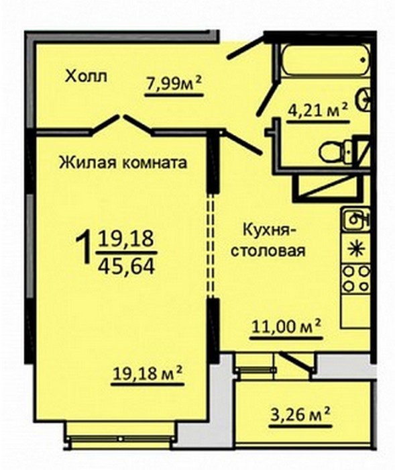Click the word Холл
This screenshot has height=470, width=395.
(x=86, y=77)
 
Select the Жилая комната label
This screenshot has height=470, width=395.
(x=123, y=162)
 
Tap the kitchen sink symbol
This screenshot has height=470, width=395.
(x=356, y=220)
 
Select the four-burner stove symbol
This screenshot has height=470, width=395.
(x=356, y=279)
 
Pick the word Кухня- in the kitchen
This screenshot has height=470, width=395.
(x=266, y=230)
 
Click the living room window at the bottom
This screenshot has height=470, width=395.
(x=120, y=439)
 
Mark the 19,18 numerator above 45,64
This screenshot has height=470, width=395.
(x=127, y=240)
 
